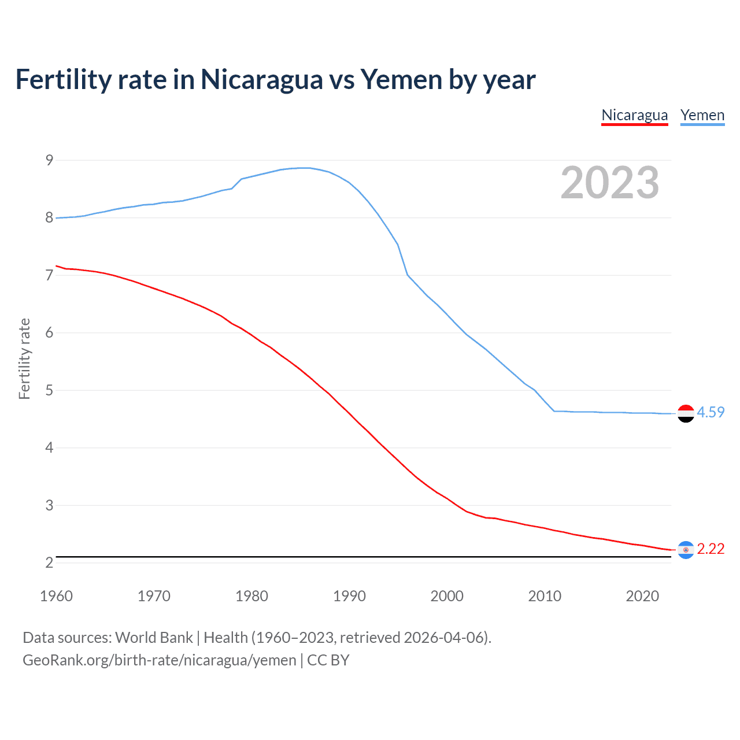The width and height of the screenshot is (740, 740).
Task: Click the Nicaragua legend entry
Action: click(x=634, y=115)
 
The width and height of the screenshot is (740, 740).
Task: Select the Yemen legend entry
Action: click(x=702, y=115)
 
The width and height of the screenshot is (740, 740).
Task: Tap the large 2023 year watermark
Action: click(x=609, y=183)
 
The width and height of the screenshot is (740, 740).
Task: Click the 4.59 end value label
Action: click(x=711, y=412)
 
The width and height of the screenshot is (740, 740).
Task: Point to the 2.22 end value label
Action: click(x=711, y=549)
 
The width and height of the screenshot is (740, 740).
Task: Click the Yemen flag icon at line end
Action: click(x=686, y=413)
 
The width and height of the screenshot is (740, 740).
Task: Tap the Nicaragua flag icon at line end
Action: click(x=686, y=550)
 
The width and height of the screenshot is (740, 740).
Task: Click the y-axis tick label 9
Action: click(x=49, y=160)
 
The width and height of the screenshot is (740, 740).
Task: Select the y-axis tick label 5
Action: click(x=49, y=390)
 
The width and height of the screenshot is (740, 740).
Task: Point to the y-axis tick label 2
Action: click(x=49, y=563)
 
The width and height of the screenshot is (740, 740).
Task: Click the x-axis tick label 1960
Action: click(x=56, y=596)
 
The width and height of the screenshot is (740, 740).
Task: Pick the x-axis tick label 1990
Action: click(x=349, y=596)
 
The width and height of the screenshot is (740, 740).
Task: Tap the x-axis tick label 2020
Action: click(x=642, y=596)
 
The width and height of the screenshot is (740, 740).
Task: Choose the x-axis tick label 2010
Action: click(x=545, y=596)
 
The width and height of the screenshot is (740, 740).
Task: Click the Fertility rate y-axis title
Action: click(x=24, y=358)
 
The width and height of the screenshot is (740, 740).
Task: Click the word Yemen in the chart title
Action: click(x=401, y=79)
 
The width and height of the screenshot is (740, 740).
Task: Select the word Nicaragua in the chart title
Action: click(x=261, y=79)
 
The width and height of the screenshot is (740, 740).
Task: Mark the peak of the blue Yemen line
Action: click(x=305, y=168)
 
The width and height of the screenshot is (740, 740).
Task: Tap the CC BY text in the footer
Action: click(x=328, y=660)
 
